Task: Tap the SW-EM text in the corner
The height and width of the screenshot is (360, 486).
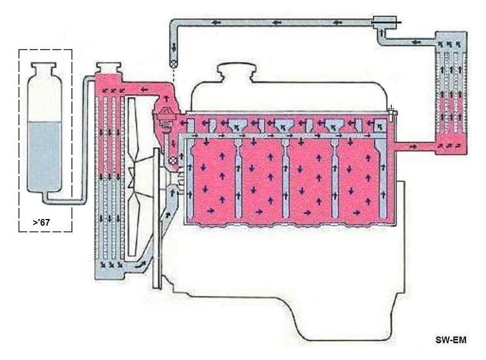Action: click(450, 339)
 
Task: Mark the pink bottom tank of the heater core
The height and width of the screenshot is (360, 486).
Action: click(450, 144)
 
